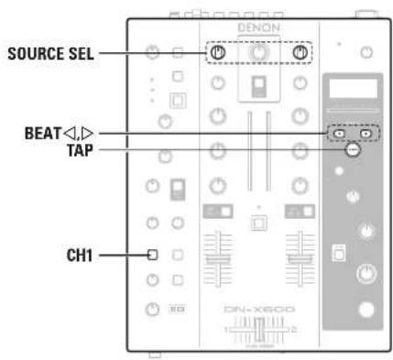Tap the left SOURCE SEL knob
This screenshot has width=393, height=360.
click(217, 53)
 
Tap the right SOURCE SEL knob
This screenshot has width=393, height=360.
click(300, 53)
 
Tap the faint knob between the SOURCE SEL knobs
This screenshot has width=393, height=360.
click(258, 54)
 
